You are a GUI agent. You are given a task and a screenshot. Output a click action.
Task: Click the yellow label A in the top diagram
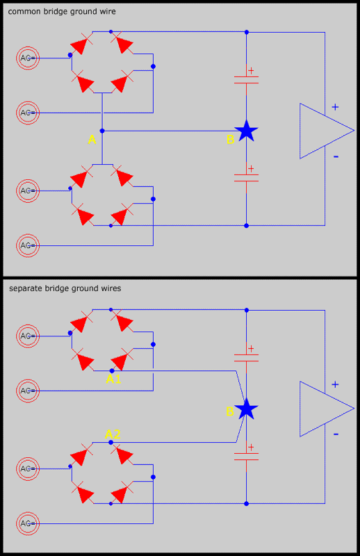coord(92,140)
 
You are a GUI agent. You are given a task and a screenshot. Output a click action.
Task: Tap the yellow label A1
coord(113,379)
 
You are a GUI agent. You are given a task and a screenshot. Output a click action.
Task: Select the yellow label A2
coord(113,434)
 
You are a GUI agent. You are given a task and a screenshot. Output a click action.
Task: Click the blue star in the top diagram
coord(246,131)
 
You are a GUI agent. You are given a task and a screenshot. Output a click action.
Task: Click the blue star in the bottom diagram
coord(246,409)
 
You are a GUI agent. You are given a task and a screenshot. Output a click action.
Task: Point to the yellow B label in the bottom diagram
coord(230,411)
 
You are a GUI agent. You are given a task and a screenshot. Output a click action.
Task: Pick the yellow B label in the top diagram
coord(230,140)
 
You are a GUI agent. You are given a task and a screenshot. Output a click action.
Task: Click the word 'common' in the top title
coord(24,12)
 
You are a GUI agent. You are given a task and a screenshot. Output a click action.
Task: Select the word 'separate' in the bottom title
coord(26,288)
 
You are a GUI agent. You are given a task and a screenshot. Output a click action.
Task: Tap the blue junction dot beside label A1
coord(112,370)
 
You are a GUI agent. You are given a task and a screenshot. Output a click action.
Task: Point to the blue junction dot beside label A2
coord(111,442)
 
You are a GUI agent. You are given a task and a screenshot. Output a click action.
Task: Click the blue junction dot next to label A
coord(102,131)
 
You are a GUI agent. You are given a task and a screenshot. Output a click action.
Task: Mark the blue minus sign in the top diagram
coord(336,156)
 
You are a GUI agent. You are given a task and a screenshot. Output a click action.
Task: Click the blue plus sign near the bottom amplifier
coord(335,384)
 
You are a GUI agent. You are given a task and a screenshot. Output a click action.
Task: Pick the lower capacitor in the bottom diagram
coord(247,457)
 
